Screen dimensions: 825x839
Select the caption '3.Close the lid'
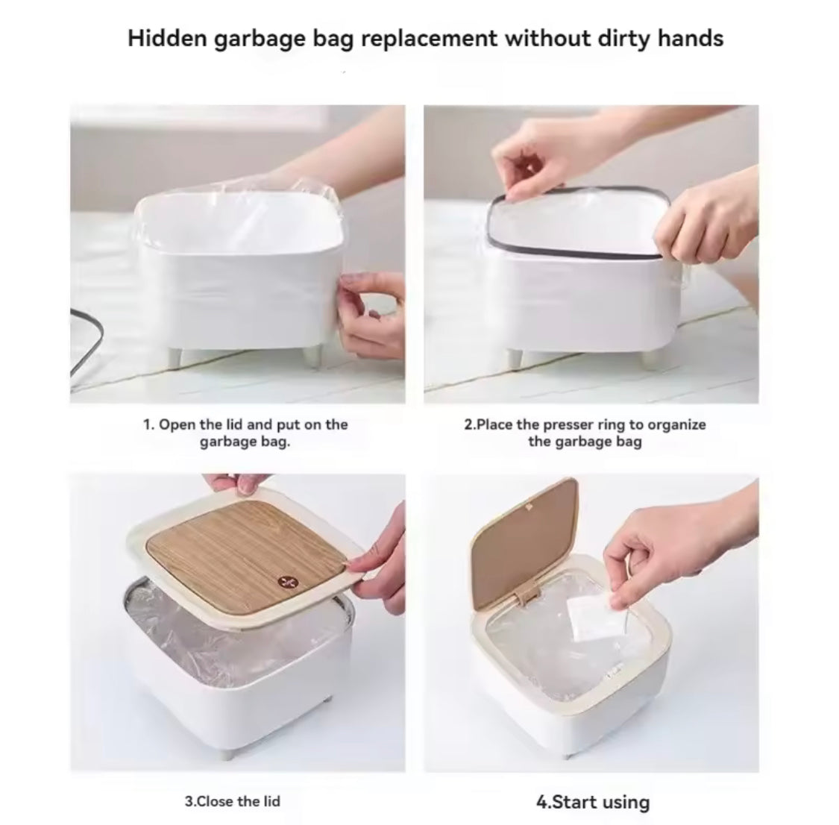coord(233,801)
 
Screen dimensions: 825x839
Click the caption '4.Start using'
coord(593,802)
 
